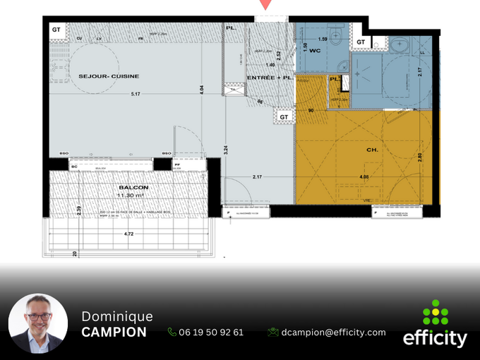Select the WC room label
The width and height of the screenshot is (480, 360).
pyautogui.click(x=314, y=50)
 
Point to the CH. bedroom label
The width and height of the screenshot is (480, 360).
pyautogui.click(x=372, y=150)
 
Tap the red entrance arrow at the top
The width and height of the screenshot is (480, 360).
pyautogui.click(x=265, y=4)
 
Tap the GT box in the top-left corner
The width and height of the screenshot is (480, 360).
pyautogui.click(x=56, y=30)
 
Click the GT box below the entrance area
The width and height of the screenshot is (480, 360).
pyautogui.click(x=284, y=116)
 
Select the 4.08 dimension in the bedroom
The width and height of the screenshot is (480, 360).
pyautogui.click(x=364, y=176)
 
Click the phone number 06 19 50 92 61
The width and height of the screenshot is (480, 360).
pyautogui.click(x=211, y=332)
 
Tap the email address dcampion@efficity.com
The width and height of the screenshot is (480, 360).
pyautogui.click(x=332, y=332)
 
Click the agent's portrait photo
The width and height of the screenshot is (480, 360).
pyautogui.click(x=38, y=323)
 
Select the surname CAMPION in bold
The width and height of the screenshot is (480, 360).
pyautogui.click(x=114, y=332)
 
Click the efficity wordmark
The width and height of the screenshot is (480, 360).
pyautogui.click(x=435, y=339)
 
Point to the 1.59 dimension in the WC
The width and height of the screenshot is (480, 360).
pyautogui.click(x=323, y=39)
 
